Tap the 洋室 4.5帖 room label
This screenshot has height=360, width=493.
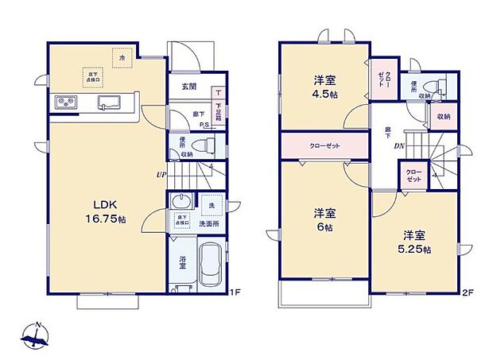323,87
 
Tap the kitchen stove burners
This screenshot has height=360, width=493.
64,103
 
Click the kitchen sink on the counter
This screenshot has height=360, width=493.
109,102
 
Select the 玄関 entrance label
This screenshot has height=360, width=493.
189,87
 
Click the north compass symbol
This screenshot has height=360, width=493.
37,339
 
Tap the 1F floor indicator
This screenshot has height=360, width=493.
235,292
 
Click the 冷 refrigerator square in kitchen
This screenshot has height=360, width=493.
122,59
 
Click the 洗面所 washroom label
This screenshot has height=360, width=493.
210,224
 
